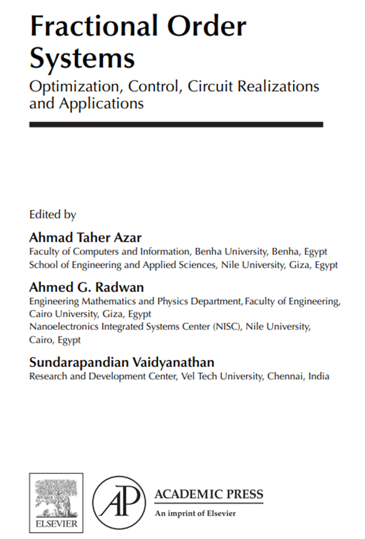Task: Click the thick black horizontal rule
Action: (x=176, y=125)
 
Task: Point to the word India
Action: (x=319, y=376)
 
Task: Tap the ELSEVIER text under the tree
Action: (x=56, y=524)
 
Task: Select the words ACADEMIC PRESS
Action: (x=209, y=494)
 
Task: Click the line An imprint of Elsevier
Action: (x=195, y=513)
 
